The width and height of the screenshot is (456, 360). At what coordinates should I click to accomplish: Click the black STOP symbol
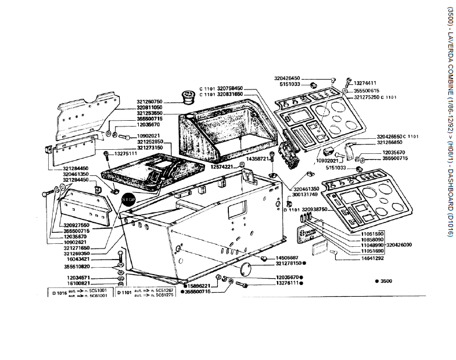pyautogui.click(x=128, y=199)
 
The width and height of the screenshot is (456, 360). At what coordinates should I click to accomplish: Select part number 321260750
pyautogui.click(x=149, y=102)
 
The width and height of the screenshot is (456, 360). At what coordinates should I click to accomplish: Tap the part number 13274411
pyautogui.click(x=365, y=82)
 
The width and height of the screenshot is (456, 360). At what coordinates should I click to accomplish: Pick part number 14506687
pyautogui.click(x=287, y=257)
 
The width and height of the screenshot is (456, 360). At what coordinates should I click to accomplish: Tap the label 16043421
pyautogui.click(x=76, y=260)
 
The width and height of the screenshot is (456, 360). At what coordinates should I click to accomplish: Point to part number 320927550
pyautogui.click(x=76, y=225)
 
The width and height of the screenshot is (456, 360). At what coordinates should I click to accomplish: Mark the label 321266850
pyautogui.click(x=389, y=142)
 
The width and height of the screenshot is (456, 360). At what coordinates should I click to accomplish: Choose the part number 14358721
pyautogui.click(x=258, y=159)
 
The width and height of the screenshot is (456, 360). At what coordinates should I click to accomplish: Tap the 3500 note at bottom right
pyautogui.click(x=385, y=281)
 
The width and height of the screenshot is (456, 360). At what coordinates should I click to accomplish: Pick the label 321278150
pyautogui.click(x=288, y=264)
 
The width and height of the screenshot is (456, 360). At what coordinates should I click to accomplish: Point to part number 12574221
pyautogui.click(x=221, y=167)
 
